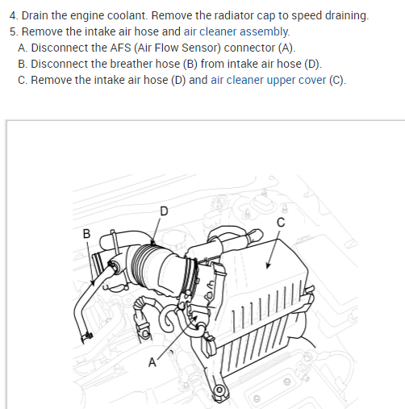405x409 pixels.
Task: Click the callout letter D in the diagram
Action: pyautogui.click(x=164, y=211)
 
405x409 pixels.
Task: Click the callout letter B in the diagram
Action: pyautogui.click(x=86, y=233)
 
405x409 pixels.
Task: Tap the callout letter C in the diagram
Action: pyautogui.click(x=281, y=223)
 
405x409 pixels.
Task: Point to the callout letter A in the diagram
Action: pyautogui.click(x=152, y=362)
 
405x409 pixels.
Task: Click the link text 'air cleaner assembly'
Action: pyautogui.click(x=236, y=31)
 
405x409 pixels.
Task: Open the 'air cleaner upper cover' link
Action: pyautogui.click(x=268, y=80)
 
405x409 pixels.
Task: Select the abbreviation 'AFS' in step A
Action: pyautogui.click(x=120, y=48)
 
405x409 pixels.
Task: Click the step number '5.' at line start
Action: pyautogui.click(x=14, y=31)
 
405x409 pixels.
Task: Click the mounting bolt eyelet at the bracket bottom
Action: pyautogui.click(x=219, y=390)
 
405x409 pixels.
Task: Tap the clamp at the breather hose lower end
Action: pyautogui.click(x=86, y=336)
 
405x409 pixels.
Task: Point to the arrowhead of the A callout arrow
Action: pyautogui.click(x=194, y=319)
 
